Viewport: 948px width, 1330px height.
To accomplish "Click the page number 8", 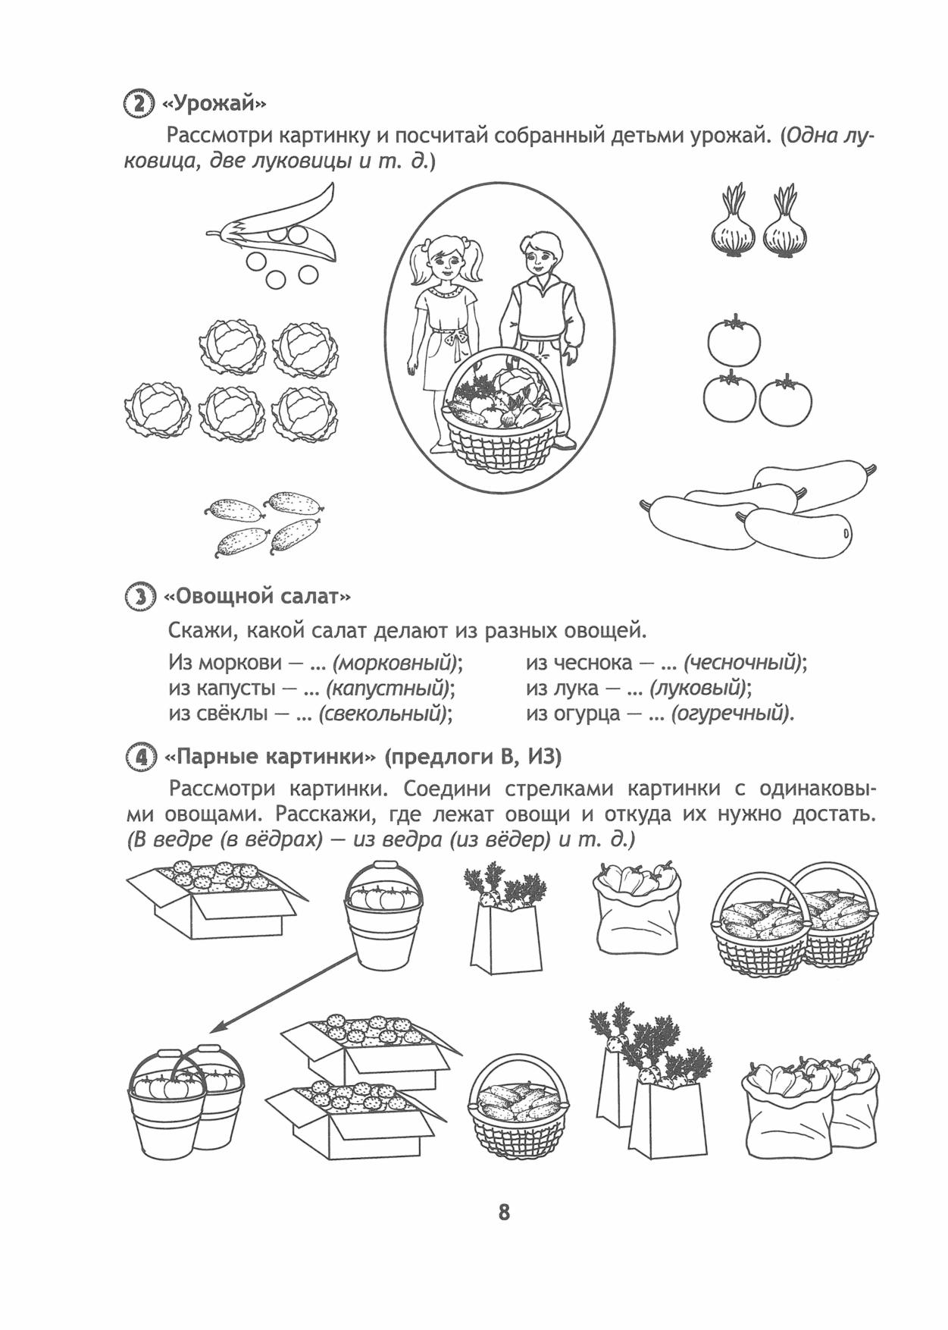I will pos(504,1212).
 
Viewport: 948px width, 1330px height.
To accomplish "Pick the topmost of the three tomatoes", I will pos(734,341).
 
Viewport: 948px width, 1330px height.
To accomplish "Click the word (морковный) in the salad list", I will pos(397,663).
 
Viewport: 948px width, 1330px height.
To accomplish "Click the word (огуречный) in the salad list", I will pos(731,714).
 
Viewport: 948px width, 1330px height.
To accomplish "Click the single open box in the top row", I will pos(216,899).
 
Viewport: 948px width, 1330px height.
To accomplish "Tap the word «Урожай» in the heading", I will pos(214,102).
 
